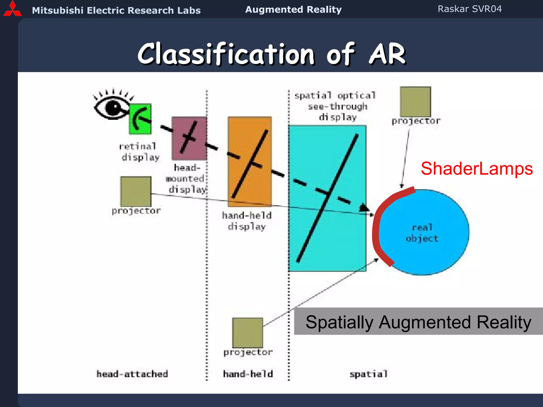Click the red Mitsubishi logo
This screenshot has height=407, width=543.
[12, 9]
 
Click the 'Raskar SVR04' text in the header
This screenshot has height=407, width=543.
[470, 9]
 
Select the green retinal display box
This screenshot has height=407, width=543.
[140, 119]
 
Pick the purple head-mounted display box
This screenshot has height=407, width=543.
[189, 138]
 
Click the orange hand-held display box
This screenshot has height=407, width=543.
[249, 161]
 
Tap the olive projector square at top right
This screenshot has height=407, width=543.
[415, 102]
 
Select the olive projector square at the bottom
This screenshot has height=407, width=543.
[247, 333]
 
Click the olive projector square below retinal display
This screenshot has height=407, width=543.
[136, 191]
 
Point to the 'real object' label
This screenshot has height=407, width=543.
[422, 233]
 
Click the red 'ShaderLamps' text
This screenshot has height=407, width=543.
[476, 169]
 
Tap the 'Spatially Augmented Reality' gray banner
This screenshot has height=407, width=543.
[418, 321]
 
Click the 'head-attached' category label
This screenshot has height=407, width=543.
[132, 374]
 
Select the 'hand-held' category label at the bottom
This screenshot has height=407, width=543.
[248, 374]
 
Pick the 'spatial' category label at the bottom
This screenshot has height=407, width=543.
[368, 374]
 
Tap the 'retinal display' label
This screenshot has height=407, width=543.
[138, 152]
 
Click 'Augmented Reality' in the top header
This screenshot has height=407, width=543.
[293, 10]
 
